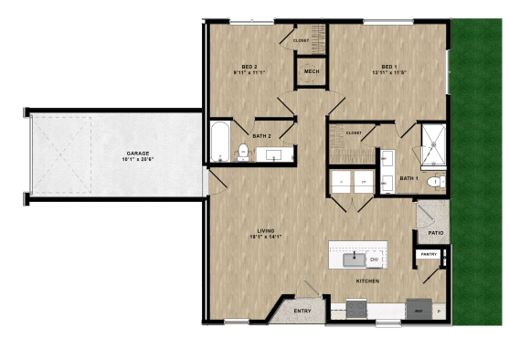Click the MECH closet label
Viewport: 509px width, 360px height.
(311, 72)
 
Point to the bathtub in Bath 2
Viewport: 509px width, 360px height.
(220, 143)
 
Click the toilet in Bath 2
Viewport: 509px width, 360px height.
(243, 152)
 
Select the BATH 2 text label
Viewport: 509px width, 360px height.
(262, 136)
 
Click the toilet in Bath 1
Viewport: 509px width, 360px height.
(434, 183)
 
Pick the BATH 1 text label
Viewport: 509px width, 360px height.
(408, 177)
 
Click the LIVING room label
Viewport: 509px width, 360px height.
(266, 233)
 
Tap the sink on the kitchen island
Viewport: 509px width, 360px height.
(354, 259)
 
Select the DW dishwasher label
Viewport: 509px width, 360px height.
(374, 260)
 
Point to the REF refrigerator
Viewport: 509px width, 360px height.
(419, 310)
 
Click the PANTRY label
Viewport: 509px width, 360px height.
(428, 254)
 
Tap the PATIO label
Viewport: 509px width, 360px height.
(435, 233)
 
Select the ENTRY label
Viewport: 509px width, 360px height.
(302, 311)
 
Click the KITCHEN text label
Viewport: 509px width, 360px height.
(367, 281)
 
